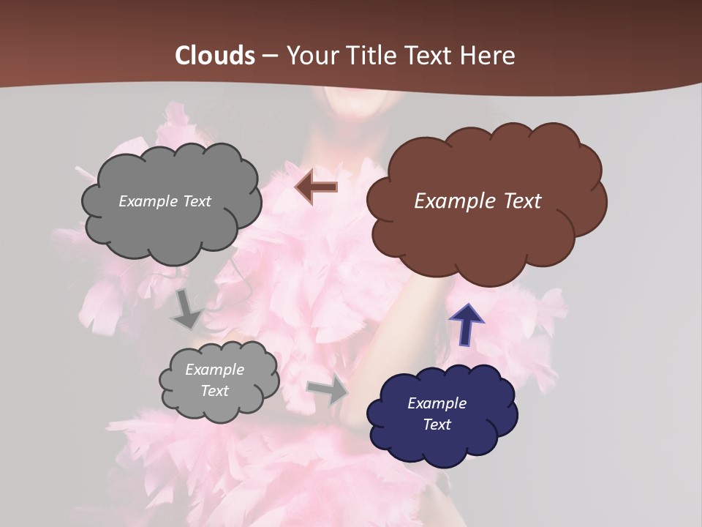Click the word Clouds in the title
[215, 56]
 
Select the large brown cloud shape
[486, 234]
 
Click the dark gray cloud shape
[172, 231]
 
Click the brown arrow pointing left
[317, 187]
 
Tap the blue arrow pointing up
[466, 324]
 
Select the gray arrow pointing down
[187, 309]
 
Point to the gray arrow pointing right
[327, 390]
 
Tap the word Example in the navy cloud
[437, 403]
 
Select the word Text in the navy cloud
[437, 425]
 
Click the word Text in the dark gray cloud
[196, 201]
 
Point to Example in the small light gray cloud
[214, 370]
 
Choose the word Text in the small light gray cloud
[214, 391]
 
